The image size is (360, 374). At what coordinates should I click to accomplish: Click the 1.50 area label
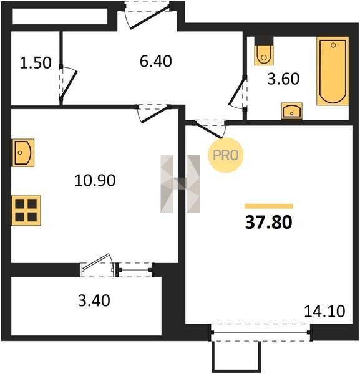[36, 63]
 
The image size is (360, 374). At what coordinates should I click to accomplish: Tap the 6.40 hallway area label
[155, 61]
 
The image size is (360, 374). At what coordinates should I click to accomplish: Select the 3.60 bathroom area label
[283, 79]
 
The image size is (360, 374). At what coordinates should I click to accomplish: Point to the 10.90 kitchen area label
[95, 180]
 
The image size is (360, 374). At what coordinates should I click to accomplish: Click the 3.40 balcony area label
[94, 300]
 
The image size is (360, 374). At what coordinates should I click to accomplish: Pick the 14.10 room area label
[324, 311]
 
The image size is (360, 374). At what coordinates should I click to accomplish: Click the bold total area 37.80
[268, 222]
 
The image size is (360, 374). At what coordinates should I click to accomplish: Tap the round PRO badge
[226, 155]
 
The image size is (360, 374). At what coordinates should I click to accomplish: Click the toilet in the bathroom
[264, 51]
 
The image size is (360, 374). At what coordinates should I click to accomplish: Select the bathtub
[333, 71]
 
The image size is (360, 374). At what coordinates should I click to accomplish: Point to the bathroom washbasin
[292, 111]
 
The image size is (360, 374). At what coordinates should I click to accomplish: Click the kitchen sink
[23, 153]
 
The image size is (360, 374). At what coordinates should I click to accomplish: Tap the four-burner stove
[26, 211]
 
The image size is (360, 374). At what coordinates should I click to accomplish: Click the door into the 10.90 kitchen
[154, 115]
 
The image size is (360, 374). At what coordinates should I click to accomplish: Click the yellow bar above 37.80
[269, 206]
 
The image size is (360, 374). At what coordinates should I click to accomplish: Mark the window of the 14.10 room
[261, 332]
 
